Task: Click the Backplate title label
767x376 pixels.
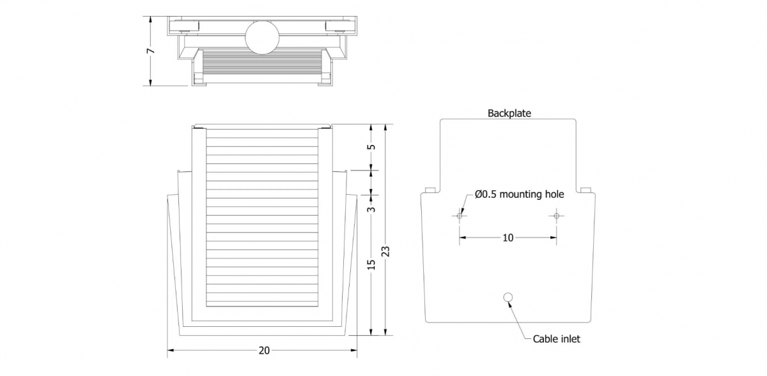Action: tap(509, 113)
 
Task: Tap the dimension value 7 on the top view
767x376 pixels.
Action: tap(150, 51)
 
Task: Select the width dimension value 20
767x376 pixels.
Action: tap(264, 350)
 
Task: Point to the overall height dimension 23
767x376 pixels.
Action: tap(385, 252)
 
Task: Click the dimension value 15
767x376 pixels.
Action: tap(371, 264)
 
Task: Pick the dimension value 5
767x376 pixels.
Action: tap(371, 147)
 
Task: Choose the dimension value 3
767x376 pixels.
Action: tap(371, 209)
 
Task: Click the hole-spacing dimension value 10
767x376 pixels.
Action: tap(507, 237)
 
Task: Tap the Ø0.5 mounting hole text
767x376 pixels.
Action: tap(519, 194)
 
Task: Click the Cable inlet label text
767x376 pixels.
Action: tap(557, 339)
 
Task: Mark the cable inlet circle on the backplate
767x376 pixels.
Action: tap(508, 297)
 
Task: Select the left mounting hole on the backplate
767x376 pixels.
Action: tap(459, 216)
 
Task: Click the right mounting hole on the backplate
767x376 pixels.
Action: tap(557, 216)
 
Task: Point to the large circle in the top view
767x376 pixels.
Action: tap(262, 37)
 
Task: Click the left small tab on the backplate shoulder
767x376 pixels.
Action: tap(430, 190)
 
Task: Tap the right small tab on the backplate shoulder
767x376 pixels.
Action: tap(586, 190)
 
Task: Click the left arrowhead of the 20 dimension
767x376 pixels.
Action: tap(171, 350)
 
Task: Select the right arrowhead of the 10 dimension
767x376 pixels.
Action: tap(553, 237)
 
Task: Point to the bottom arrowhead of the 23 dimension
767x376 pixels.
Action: tap(385, 332)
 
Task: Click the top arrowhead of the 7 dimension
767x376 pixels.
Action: tap(150, 20)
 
